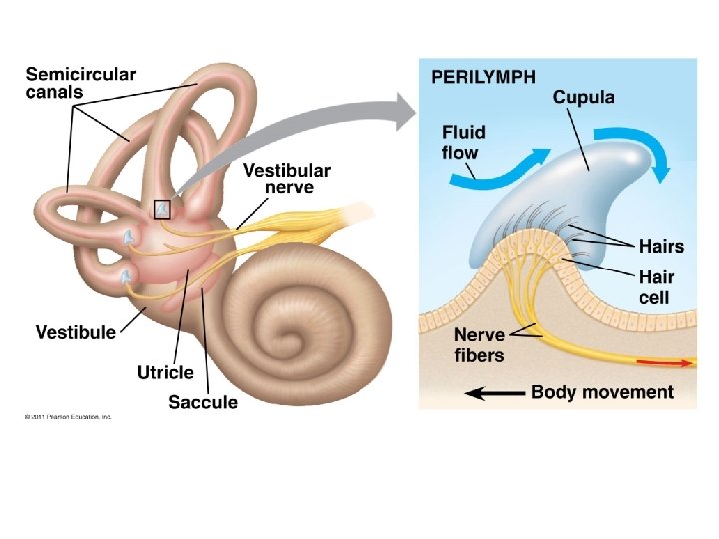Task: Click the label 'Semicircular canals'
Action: (80, 82)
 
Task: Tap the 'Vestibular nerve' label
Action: (286, 179)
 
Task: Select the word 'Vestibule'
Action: (75, 332)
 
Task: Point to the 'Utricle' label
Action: (165, 372)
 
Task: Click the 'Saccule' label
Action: (203, 403)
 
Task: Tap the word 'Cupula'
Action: (584, 98)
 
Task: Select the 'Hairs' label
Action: (662, 246)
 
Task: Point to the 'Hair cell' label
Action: (656, 287)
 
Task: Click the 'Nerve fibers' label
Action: (479, 344)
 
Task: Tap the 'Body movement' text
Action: (602, 392)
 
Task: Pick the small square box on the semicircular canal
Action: (162, 209)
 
